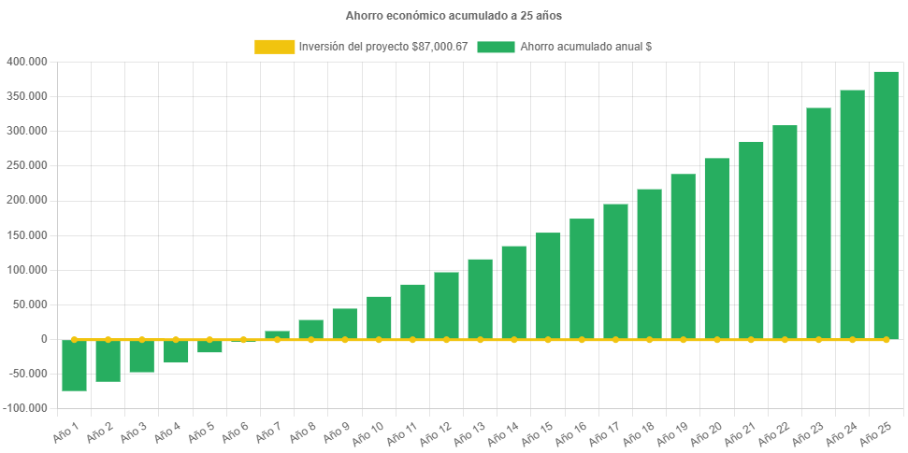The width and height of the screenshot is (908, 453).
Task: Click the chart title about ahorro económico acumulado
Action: point(454,16)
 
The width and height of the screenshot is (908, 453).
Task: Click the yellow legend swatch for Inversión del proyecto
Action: point(274,47)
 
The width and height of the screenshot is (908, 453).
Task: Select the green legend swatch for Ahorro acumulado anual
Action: point(496,47)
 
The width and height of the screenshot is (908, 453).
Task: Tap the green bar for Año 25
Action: point(886,205)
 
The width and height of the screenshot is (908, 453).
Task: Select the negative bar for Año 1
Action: point(75,365)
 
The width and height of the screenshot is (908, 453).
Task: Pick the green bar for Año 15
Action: point(548,286)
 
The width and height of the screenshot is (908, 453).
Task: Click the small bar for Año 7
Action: point(277,334)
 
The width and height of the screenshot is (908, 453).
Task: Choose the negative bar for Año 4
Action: point(176,351)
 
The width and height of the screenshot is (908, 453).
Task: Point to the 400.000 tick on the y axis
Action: point(26,62)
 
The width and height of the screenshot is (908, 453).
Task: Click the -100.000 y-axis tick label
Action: point(24,408)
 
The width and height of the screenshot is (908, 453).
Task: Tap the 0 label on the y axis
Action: point(44,339)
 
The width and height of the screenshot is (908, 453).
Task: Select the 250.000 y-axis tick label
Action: point(26,165)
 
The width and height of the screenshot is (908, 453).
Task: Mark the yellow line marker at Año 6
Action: point(243,340)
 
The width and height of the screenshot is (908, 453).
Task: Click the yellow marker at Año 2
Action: point(108,340)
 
